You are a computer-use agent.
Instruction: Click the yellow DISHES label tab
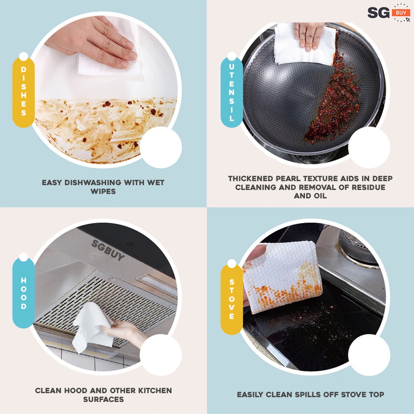click(x=23, y=92)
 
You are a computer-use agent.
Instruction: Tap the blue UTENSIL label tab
click(x=231, y=92)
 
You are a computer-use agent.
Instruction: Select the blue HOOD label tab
click(x=23, y=293)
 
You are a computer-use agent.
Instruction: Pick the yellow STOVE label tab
click(x=231, y=299)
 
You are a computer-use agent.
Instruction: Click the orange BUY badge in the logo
click(x=401, y=13)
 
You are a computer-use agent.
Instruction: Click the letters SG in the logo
click(x=378, y=13)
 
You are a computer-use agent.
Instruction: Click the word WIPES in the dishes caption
click(x=103, y=192)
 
